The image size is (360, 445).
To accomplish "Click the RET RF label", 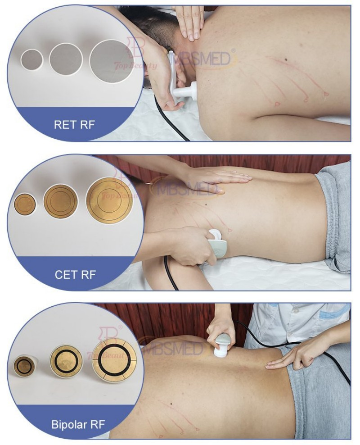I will tap(74, 124).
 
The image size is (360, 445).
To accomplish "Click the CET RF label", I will tap(75, 274).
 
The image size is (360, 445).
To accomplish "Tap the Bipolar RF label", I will tap(74, 423).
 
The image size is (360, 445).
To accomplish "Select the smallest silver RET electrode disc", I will tap(32, 59).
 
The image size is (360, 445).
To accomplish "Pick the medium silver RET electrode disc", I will tap(66, 59).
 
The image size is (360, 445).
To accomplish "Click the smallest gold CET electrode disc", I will tap(25, 204).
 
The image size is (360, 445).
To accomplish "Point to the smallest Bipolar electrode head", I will tap(24, 366).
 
